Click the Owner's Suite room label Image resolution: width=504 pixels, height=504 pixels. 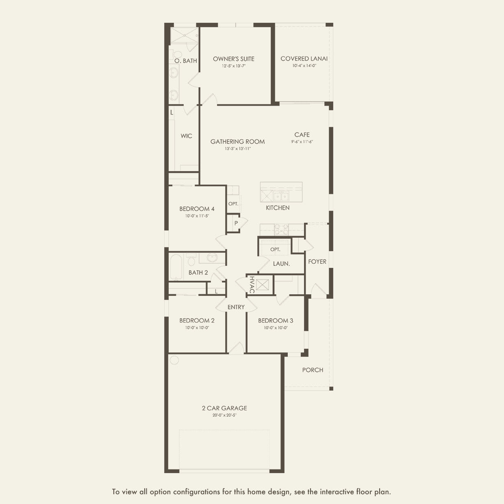tap(234, 59)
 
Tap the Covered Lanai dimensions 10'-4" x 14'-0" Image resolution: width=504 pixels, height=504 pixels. tap(304, 66)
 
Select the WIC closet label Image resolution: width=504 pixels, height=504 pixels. tap(186, 136)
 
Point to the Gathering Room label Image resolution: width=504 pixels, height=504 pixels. tap(237, 142)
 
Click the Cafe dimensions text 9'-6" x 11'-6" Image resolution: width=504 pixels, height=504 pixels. tap(302, 142)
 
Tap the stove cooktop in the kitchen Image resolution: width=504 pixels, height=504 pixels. tap(281, 230)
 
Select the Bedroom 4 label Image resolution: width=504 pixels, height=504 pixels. tap(197, 209)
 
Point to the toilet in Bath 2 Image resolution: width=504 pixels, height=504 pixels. tap(191, 259)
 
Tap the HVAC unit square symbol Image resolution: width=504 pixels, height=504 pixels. tap(262, 285)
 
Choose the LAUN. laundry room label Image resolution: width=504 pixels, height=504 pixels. tap(281, 264)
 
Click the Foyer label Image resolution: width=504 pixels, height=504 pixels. tap(317, 261)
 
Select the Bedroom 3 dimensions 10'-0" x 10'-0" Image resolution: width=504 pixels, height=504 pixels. tap(276, 328)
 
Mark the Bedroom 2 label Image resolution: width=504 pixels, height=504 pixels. tap(197, 320)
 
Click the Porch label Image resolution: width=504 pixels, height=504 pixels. tap(313, 370)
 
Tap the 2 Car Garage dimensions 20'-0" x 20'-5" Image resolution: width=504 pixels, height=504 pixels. tap(224, 415)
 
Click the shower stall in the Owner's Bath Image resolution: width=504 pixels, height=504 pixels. tap(185, 35)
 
